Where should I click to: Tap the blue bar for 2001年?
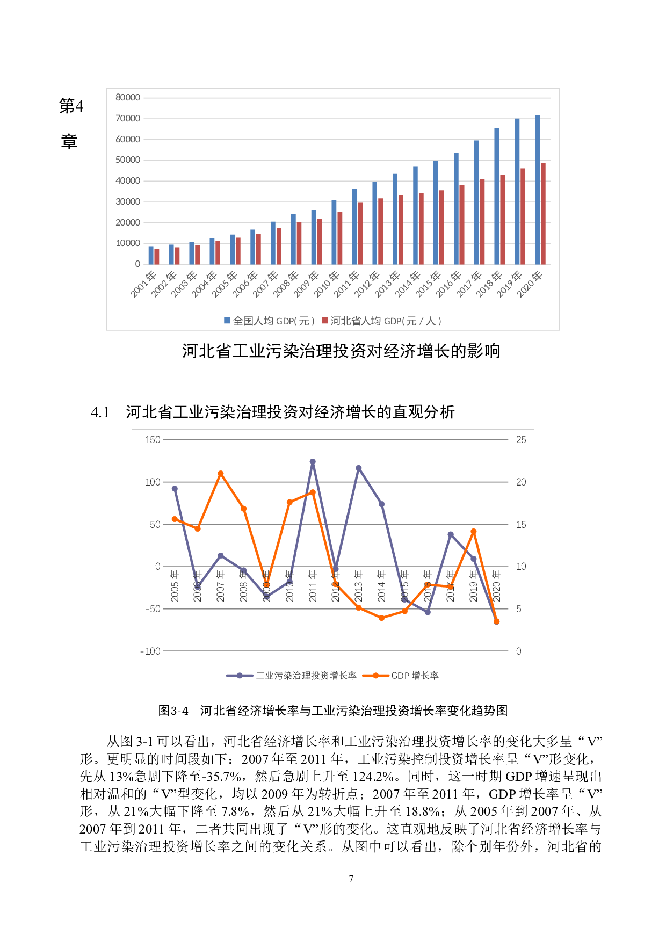151,255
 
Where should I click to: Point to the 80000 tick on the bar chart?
128,98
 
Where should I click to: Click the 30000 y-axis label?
128,202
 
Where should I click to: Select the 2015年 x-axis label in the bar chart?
428,284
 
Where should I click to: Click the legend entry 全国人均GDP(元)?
269,321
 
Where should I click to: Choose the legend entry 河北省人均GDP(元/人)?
381,321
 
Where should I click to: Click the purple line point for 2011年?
313,462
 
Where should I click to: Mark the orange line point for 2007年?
221,474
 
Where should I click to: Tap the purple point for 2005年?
175,489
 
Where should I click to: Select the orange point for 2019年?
474,532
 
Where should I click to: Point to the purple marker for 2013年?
359,468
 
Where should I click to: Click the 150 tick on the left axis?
153,440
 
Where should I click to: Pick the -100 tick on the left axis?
151,651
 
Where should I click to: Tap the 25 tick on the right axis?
521,440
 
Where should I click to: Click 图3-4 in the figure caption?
173,711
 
